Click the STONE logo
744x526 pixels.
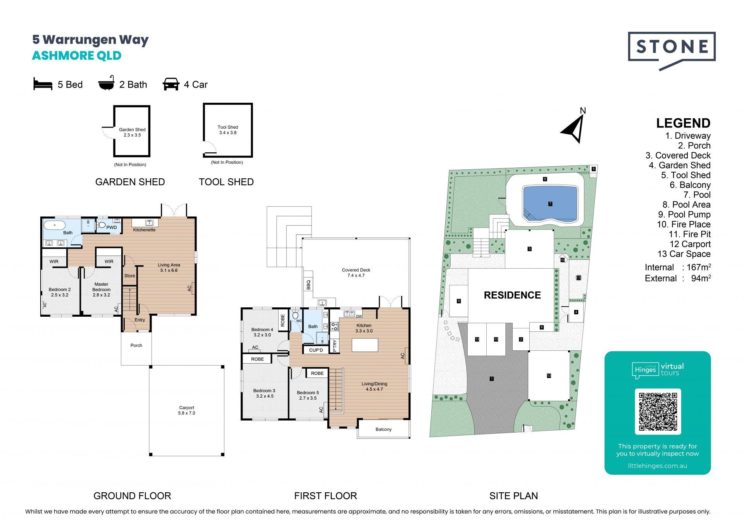click(672, 50)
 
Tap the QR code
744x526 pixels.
click(658, 412)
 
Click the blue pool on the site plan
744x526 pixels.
click(550, 204)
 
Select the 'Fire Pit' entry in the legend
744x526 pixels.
click(690, 234)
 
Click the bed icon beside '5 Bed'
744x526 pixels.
click(43, 84)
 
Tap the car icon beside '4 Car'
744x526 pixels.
click(171, 84)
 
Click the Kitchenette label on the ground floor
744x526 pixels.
click(144, 230)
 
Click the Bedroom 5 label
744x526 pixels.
click(308, 393)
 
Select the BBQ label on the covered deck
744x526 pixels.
click(308, 285)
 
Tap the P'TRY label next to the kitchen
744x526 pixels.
click(335, 345)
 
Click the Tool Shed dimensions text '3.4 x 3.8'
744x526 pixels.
click(228, 133)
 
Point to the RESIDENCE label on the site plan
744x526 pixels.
click(512, 295)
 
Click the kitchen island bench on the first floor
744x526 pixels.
click(365, 345)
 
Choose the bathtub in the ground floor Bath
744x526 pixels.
click(55, 225)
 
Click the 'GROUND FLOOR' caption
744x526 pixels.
click(132, 496)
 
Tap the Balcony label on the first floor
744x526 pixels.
click(384, 429)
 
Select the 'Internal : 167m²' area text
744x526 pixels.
click(678, 267)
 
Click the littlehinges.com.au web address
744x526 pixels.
click(658, 466)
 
